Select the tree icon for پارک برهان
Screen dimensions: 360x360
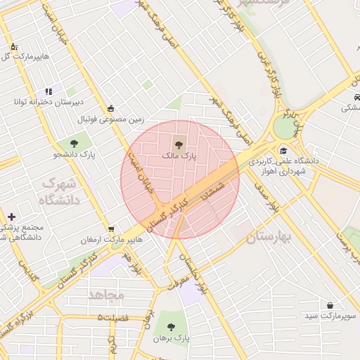point(171,326)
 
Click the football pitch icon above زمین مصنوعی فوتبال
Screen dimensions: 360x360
point(110,108)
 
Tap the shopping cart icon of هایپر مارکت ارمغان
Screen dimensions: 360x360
point(111,229)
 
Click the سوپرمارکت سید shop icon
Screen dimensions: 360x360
point(330,305)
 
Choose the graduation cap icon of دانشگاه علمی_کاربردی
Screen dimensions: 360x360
point(283,150)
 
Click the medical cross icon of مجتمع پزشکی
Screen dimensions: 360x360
point(11,217)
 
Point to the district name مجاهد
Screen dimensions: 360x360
point(106,294)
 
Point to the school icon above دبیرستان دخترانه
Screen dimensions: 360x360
point(48,91)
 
